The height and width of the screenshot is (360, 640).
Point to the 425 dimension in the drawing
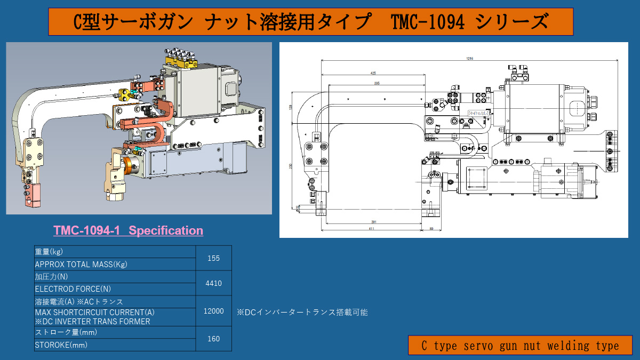point(373,73)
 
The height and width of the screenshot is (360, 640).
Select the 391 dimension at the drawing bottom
point(375,222)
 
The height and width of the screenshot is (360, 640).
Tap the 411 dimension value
point(371,229)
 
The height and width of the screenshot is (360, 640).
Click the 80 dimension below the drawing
point(431,229)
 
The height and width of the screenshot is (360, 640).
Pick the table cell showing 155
point(213,258)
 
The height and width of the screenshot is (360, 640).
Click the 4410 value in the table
point(213,283)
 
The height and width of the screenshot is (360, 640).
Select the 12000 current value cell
point(213,311)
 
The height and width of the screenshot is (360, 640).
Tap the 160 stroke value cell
point(213,339)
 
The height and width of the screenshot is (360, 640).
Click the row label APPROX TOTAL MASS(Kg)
point(81,264)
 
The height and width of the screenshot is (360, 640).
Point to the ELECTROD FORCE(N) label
point(73,289)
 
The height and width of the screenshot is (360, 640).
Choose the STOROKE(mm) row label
point(61,345)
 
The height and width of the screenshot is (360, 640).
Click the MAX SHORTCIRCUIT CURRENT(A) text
point(95,312)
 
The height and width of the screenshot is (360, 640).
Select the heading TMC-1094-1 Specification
point(128,230)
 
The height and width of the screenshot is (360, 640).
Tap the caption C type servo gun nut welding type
point(520,346)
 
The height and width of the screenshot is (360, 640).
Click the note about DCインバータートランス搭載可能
point(302,313)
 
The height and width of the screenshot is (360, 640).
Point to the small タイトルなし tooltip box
point(478,113)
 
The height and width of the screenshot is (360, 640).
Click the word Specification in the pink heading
point(166,230)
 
